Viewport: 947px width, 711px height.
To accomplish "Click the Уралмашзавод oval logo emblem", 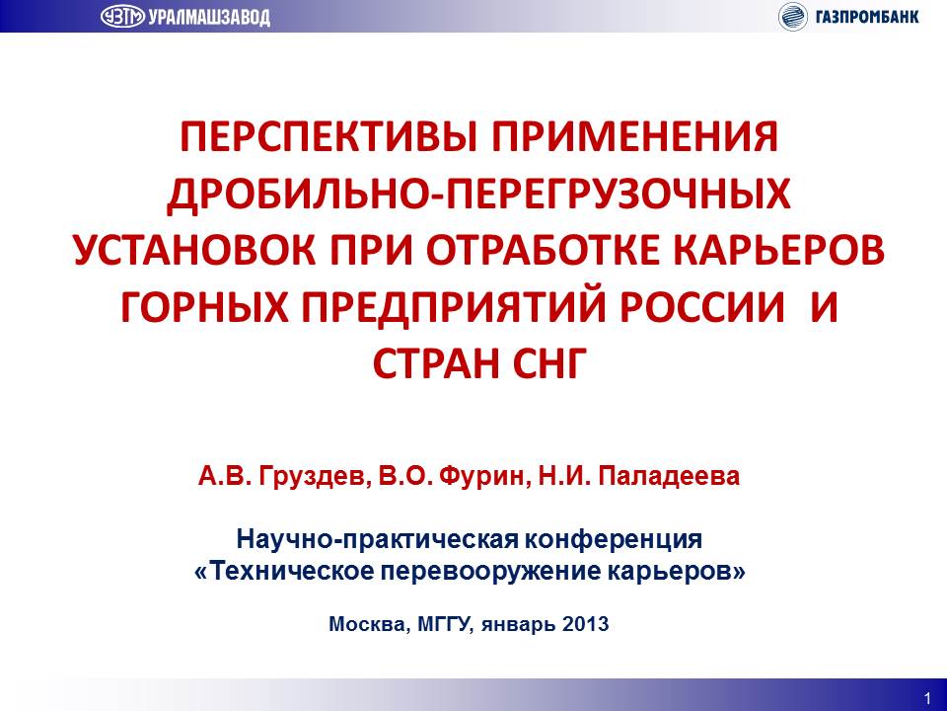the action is (x=122, y=17).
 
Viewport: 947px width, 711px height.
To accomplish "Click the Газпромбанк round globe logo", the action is (x=793, y=17).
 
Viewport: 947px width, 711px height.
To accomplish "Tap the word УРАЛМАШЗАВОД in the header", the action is (x=209, y=17).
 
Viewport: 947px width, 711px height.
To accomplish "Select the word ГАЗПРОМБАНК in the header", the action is (x=867, y=17).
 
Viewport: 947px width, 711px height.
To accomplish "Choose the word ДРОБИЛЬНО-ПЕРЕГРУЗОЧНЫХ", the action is (x=479, y=195).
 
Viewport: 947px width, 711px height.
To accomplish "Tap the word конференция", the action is (x=613, y=540).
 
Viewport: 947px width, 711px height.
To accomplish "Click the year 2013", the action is (x=585, y=624).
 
